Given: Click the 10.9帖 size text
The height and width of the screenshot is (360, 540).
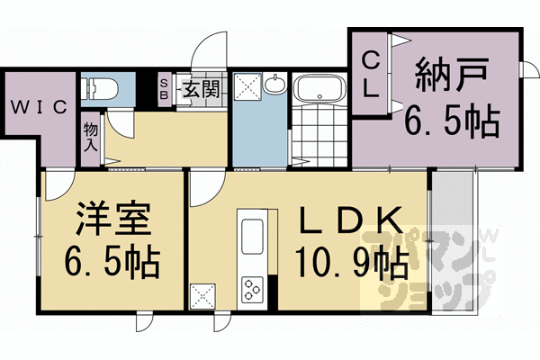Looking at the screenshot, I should pyautogui.click(x=351, y=263).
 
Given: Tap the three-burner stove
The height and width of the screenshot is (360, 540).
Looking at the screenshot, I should pyautogui.click(x=251, y=289).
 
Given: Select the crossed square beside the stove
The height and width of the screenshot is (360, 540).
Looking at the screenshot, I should pyautogui.click(x=202, y=294).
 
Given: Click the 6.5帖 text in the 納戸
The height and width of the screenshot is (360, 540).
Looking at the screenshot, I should pyautogui.click(x=450, y=121).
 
